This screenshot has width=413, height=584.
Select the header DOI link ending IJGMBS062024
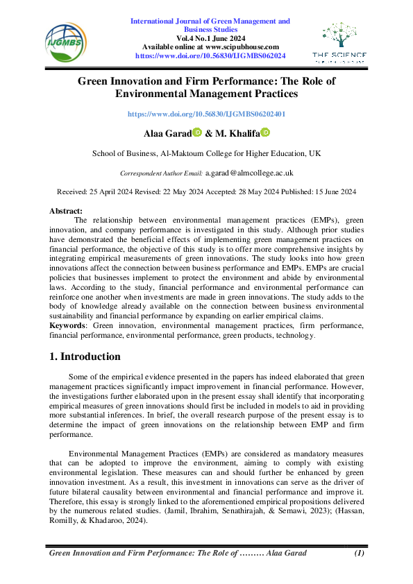click(x=210, y=54)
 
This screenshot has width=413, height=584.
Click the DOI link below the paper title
click(x=206, y=113)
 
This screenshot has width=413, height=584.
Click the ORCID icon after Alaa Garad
click(x=196, y=132)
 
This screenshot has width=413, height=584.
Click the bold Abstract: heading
click(x=66, y=210)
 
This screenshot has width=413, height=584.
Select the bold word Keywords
click(x=68, y=325)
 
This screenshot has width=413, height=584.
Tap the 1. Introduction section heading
click(x=85, y=357)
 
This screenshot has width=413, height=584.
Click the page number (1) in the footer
click(x=359, y=553)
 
